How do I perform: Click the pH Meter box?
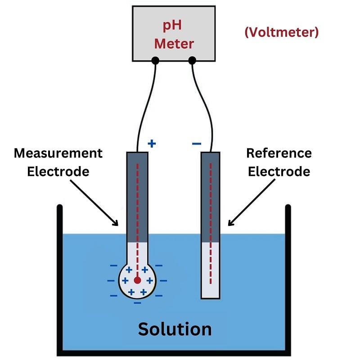[174, 34]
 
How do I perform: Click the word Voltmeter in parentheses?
[281, 32]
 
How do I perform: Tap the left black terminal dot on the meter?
[155, 60]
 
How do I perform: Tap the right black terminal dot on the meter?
[192, 60]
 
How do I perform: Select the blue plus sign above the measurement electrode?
[152, 144]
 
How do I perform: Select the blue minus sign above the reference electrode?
[197, 144]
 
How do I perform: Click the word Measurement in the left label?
[58, 153]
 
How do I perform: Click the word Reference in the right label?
[279, 153]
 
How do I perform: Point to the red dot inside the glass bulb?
[137, 280]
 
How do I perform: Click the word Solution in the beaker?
[175, 329]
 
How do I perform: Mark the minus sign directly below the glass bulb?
[137, 303]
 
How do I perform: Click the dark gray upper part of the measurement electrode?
[137, 193]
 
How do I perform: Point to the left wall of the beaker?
[59, 279]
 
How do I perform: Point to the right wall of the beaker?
[288, 279]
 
